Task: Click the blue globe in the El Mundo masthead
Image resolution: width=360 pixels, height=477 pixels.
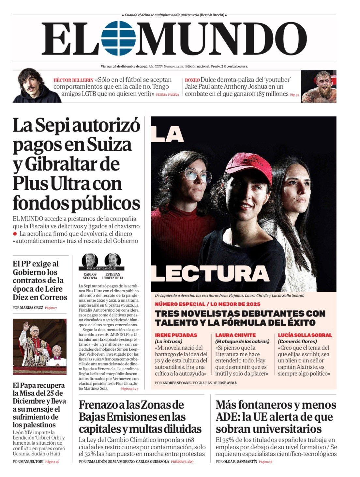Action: (118, 38)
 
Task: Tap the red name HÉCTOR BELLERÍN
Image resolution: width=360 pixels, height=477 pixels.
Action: (73, 80)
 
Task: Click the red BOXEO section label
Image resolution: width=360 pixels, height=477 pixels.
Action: (192, 80)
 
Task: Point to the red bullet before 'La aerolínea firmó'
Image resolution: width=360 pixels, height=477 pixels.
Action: (15, 234)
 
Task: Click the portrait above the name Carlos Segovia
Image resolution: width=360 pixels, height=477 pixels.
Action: (90, 260)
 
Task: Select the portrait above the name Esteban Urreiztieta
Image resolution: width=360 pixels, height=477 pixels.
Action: (112, 260)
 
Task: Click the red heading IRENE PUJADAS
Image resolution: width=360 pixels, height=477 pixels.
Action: (176, 335)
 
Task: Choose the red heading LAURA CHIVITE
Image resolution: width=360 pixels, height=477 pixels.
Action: (235, 335)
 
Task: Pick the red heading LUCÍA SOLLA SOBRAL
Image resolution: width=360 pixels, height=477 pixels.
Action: (305, 335)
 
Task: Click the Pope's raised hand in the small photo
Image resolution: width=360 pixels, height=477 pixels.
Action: (26, 326)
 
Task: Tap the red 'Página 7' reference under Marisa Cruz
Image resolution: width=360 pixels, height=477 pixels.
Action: (51, 308)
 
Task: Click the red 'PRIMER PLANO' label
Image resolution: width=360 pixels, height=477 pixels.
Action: (182, 462)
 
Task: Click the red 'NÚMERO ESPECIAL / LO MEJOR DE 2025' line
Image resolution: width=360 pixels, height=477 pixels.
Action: (208, 304)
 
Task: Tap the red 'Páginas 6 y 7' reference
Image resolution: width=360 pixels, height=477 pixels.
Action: (129, 389)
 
